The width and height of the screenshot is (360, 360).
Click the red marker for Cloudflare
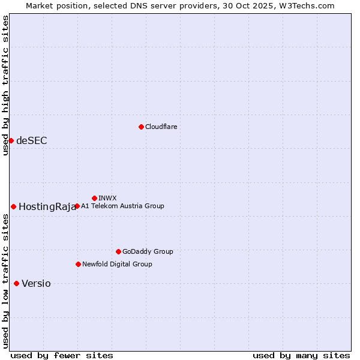click(x=141, y=127)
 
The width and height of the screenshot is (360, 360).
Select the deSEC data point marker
click(x=11, y=140)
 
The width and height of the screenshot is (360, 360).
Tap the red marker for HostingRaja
click(x=13, y=206)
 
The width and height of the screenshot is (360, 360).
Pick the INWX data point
click(x=94, y=198)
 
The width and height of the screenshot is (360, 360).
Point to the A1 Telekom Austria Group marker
click(x=77, y=206)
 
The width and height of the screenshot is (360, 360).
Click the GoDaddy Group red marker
click(x=118, y=251)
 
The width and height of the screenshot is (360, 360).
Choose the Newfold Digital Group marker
click(x=78, y=264)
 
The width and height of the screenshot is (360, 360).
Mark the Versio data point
click(x=16, y=283)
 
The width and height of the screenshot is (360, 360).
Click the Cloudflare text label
click(x=161, y=127)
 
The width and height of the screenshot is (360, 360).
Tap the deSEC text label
click(x=32, y=140)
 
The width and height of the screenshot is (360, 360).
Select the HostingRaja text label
click(x=47, y=207)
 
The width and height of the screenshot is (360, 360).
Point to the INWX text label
click(x=107, y=198)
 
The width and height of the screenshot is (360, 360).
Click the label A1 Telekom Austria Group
click(x=122, y=206)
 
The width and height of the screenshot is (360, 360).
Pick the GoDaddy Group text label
click(x=148, y=251)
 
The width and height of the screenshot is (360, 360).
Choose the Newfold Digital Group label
click(x=117, y=264)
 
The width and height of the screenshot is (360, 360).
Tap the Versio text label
click(x=36, y=284)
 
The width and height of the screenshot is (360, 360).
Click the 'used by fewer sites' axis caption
click(x=62, y=355)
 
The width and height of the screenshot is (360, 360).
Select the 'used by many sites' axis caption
click(x=301, y=355)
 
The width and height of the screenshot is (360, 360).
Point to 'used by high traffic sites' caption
click(x=6, y=85)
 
